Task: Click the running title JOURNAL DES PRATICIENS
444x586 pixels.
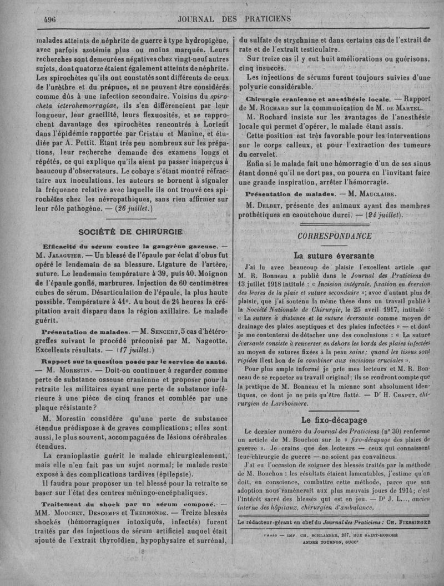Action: point(234,19)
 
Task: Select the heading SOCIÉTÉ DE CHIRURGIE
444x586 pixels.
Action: point(126,232)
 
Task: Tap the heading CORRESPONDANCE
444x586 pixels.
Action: point(334,236)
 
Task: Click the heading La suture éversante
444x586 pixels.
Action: point(334,256)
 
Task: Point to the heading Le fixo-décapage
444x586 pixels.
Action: point(334,420)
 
